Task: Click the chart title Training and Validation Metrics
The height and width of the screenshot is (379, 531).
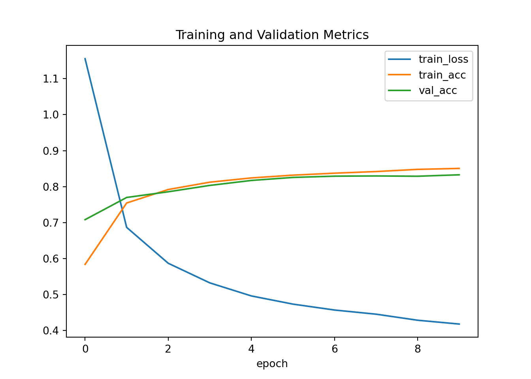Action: [272, 35]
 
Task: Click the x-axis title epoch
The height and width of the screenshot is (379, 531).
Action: [272, 364]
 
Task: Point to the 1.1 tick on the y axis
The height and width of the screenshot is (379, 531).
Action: [51, 79]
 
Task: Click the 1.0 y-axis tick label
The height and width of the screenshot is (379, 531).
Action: [51, 115]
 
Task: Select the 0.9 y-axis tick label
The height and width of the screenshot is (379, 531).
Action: [51, 151]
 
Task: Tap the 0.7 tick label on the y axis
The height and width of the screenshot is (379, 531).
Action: [51, 223]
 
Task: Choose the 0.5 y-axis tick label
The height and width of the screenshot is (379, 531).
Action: [51, 295]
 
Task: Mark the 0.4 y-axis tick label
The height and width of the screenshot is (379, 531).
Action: [51, 331]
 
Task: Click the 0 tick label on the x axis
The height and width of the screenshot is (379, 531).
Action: [85, 349]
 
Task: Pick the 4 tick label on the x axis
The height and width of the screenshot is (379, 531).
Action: [251, 349]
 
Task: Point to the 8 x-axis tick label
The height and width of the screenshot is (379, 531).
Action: [418, 349]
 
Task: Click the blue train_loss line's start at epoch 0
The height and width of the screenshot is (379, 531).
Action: [85, 58]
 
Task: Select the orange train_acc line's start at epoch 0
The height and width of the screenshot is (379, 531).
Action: [85, 265]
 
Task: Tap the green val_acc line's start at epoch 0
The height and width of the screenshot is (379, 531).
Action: [85, 220]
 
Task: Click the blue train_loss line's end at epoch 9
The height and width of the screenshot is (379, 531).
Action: [459, 324]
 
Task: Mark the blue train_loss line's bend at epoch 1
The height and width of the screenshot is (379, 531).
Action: [126, 227]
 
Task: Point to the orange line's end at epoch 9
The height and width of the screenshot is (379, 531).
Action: [459, 168]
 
